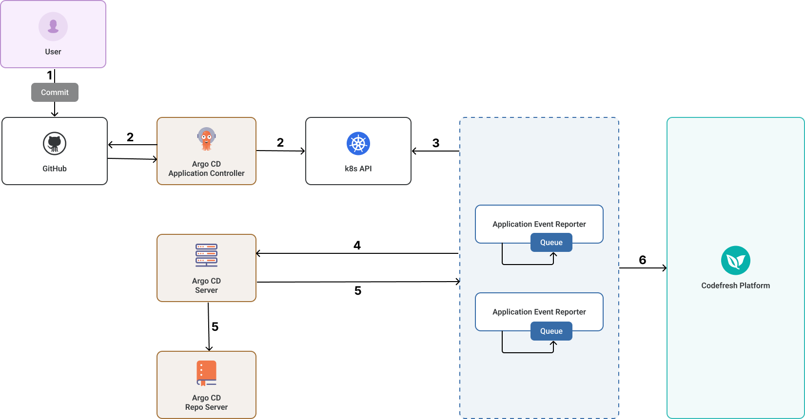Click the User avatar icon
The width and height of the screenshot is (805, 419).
pyautogui.click(x=53, y=26)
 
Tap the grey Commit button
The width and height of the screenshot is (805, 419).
pyautogui.click(x=55, y=92)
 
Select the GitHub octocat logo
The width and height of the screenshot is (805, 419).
pyautogui.click(x=55, y=144)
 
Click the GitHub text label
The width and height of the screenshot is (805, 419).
pyautogui.click(x=55, y=169)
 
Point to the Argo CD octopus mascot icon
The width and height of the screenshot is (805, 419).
pyautogui.click(x=206, y=139)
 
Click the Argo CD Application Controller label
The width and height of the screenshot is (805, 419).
pyautogui.click(x=206, y=169)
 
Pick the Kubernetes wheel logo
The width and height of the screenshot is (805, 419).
pyautogui.click(x=358, y=144)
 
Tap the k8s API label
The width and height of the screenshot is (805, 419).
pyautogui.click(x=358, y=169)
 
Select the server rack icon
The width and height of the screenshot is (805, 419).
pyautogui.click(x=206, y=255)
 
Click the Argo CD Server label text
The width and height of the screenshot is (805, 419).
pyautogui.click(x=206, y=286)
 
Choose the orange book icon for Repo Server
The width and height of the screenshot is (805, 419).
pyautogui.click(x=206, y=373)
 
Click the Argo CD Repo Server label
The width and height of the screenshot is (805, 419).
pyautogui.click(x=206, y=402)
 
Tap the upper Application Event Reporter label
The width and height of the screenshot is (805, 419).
pyautogui.click(x=539, y=224)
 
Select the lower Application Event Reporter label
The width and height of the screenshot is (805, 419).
pyautogui.click(x=539, y=312)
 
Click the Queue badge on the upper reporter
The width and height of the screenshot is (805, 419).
pyautogui.click(x=551, y=243)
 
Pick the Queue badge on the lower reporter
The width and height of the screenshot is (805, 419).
pyautogui.click(x=551, y=331)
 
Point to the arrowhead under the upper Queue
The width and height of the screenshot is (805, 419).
pyautogui.click(x=553, y=255)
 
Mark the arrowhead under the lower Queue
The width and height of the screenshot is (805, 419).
pyautogui.click(x=553, y=343)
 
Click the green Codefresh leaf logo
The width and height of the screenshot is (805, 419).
pyautogui.click(x=735, y=261)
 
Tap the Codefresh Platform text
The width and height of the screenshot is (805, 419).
pyautogui.click(x=735, y=286)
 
